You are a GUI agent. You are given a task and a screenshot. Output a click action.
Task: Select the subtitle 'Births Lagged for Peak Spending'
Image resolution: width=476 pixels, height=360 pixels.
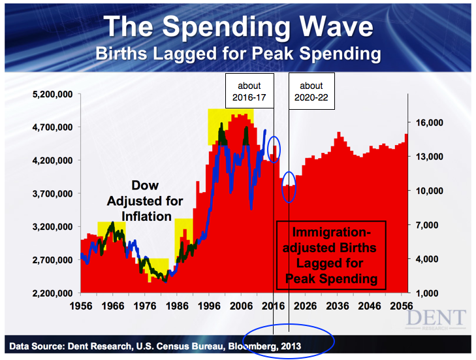[x=238, y=54]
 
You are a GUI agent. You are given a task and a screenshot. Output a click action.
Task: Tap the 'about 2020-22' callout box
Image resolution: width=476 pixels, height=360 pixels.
[x=311, y=91]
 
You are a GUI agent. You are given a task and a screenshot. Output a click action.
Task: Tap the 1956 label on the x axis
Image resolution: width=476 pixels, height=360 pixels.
[x=80, y=306]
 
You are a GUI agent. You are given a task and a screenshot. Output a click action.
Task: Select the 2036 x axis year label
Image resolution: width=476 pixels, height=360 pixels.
[x=338, y=306]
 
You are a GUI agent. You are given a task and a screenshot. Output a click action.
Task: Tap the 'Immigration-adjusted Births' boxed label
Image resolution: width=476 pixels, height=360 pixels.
[x=332, y=255]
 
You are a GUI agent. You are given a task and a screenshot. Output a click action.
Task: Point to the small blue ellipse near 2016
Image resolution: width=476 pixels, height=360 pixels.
[x=274, y=149]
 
